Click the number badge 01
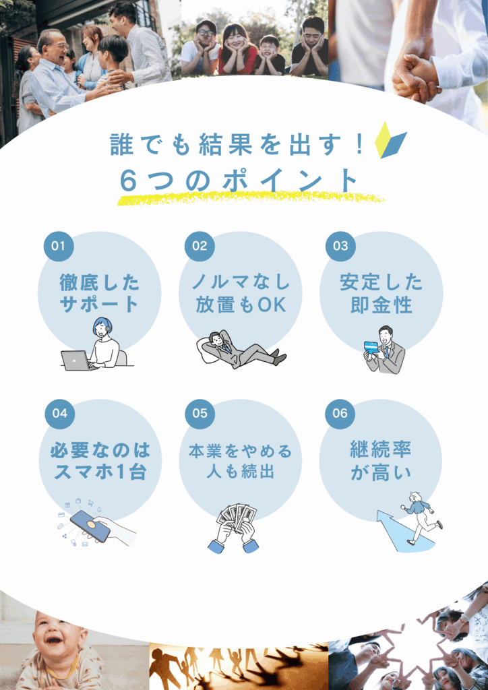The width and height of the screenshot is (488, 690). tap(59, 246)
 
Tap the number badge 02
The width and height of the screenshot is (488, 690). tap(200, 246)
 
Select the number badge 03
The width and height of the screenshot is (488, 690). tap(340, 246)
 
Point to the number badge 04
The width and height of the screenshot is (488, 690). tap(59, 414)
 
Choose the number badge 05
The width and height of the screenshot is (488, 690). tap(200, 414)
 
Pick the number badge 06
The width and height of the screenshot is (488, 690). tap(340, 414)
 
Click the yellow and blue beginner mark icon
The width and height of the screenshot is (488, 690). tap(390, 140)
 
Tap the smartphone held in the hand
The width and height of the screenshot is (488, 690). tap(90, 526)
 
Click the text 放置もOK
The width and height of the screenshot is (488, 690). tap(241, 305)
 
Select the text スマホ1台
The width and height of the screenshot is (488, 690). tap(100, 473)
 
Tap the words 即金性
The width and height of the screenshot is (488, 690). tap(382, 305)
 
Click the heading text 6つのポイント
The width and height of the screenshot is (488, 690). tap(239, 181)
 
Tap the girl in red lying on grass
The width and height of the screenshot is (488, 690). tap(238, 49)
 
